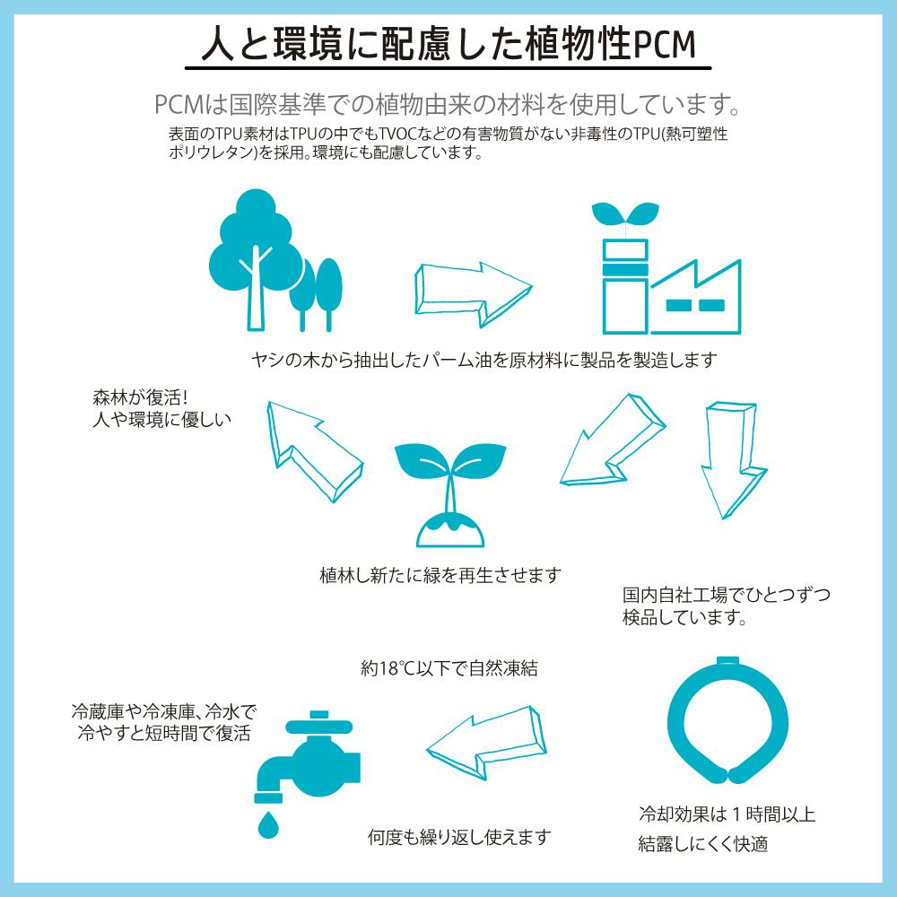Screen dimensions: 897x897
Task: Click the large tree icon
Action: [x=256, y=260]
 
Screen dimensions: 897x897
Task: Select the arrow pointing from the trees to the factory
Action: [x=473, y=294]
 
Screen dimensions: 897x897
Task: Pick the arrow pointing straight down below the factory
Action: [x=734, y=459]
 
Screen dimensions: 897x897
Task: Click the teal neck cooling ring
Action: [x=727, y=720]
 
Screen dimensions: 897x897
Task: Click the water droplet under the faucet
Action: [x=267, y=823]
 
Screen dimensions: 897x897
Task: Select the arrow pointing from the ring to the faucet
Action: [x=486, y=743]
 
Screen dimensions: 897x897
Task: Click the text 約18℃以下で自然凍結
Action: [x=449, y=668]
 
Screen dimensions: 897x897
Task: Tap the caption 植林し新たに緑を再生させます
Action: [x=440, y=575]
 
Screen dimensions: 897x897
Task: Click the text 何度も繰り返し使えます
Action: [x=459, y=837]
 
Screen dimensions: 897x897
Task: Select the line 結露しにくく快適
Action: [x=703, y=844]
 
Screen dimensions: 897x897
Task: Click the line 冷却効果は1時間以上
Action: [x=727, y=814]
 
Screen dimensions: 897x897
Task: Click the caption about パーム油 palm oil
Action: [x=484, y=360]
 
